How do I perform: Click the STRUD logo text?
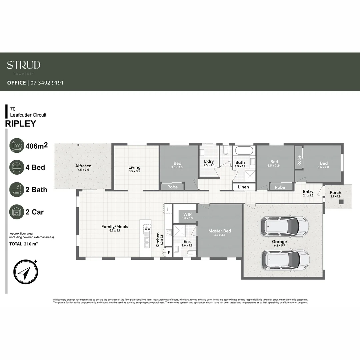24,65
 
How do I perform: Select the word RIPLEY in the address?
21,124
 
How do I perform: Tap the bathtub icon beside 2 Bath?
17,189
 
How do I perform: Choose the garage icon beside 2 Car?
17,212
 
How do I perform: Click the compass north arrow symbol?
25,272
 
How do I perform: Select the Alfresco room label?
83,166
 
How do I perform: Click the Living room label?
135,167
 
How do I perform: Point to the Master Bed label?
220,231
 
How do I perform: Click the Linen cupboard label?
243,187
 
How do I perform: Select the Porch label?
335,193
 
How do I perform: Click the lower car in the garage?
285,259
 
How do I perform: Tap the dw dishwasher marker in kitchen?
148,228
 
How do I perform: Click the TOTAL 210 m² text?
23,244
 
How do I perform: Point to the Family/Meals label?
115,227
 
